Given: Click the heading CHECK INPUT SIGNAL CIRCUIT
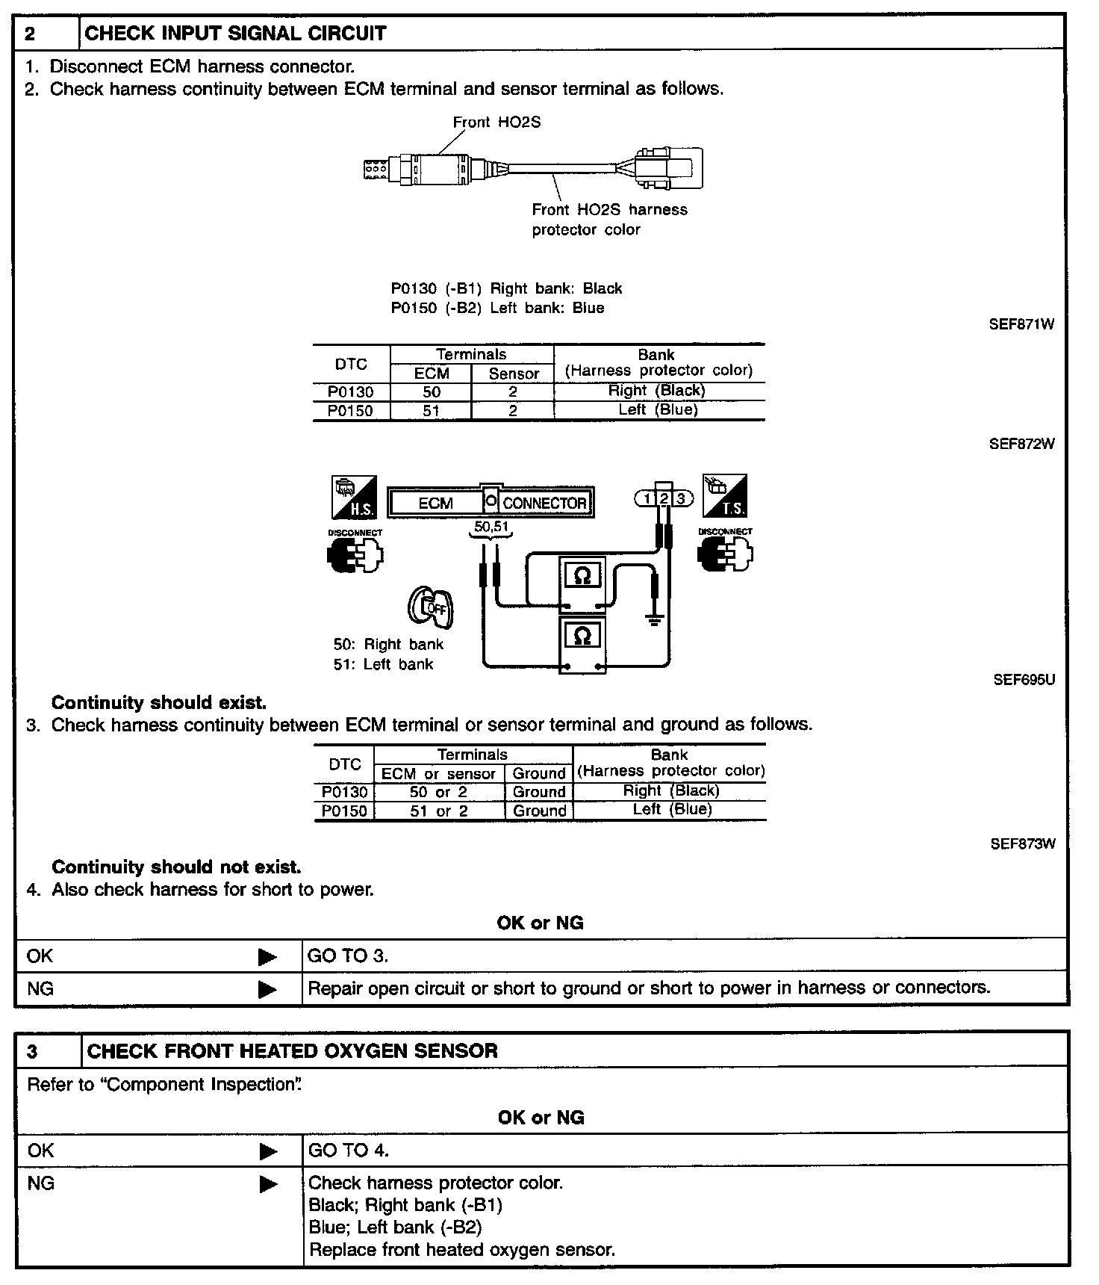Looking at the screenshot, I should [236, 34].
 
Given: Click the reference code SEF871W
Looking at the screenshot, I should [1021, 324].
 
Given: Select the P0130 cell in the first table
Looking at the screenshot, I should [350, 391].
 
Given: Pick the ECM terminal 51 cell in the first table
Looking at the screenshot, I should [431, 410].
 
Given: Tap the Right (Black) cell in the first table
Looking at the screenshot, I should [657, 391].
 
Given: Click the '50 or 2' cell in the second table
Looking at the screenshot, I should [438, 792].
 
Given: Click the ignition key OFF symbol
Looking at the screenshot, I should [432, 607].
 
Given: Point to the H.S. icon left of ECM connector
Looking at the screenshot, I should [354, 498].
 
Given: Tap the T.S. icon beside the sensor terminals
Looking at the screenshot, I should [724, 496].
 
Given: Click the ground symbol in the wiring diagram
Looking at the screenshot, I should [655, 619].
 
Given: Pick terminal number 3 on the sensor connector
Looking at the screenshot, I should [680, 499].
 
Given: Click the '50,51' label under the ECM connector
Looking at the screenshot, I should [491, 527].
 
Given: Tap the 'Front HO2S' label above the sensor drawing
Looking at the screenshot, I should [496, 123].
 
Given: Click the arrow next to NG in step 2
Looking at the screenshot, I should [267, 989].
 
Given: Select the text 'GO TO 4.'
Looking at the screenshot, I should [349, 1151].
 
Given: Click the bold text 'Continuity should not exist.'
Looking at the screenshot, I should [176, 867].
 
